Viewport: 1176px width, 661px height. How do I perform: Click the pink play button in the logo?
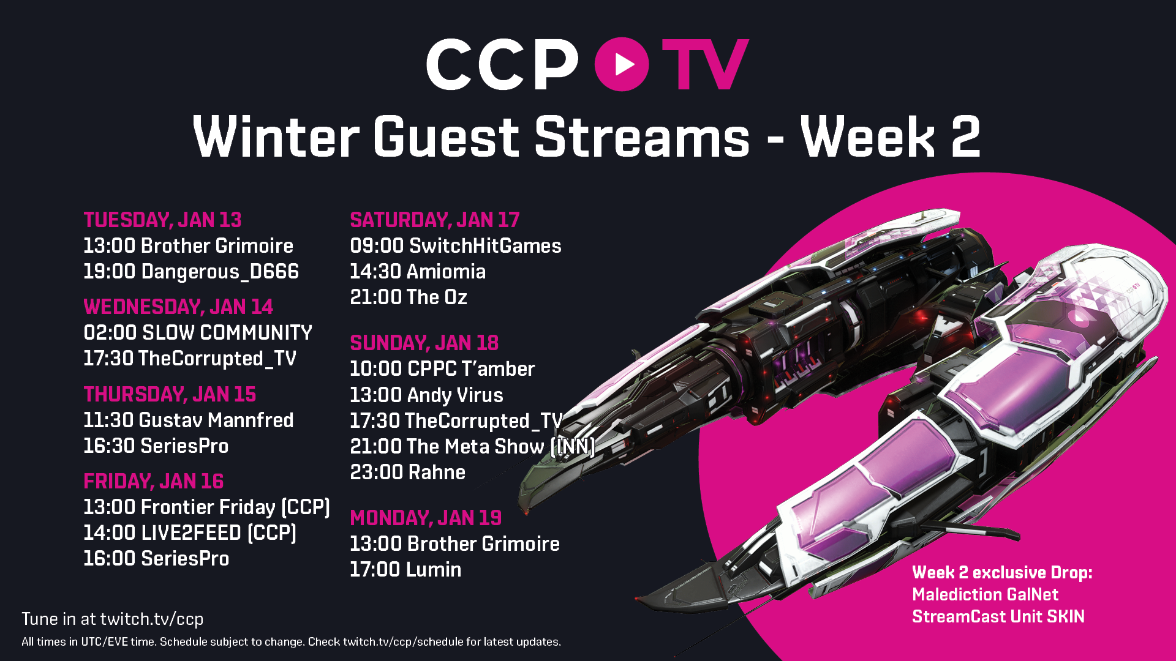[x=622, y=64]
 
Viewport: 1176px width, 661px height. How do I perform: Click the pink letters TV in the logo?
[x=705, y=64]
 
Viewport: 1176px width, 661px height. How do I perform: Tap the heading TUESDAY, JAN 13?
[x=162, y=220]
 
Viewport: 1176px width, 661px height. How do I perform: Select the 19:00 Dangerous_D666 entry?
[x=191, y=271]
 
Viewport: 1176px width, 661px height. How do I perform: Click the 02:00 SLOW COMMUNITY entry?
[x=198, y=332]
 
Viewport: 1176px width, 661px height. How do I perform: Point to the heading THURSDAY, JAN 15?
[x=170, y=394]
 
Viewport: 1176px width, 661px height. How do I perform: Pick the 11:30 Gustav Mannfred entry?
[x=189, y=420]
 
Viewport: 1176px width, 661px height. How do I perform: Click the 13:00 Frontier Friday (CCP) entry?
[x=207, y=507]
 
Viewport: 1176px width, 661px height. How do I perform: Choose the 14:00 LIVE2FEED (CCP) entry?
[x=190, y=533]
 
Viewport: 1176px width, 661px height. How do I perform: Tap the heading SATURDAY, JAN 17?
[x=435, y=220]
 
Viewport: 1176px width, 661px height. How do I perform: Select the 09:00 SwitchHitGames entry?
[x=456, y=245]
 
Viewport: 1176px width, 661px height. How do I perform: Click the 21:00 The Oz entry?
[x=409, y=297]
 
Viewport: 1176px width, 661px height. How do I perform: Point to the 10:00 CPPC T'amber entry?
[x=442, y=368]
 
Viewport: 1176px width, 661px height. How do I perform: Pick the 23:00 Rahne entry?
[x=408, y=472]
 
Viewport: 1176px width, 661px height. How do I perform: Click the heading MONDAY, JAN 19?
[x=426, y=518]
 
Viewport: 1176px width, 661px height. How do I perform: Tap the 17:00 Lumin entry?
[x=405, y=569]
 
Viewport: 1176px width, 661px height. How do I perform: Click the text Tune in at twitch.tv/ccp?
[x=113, y=619]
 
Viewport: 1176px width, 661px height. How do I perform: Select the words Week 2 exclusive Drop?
[x=1002, y=572]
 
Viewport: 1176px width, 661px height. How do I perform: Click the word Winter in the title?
[x=276, y=136]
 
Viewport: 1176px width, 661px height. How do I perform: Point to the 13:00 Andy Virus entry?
[x=426, y=395]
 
